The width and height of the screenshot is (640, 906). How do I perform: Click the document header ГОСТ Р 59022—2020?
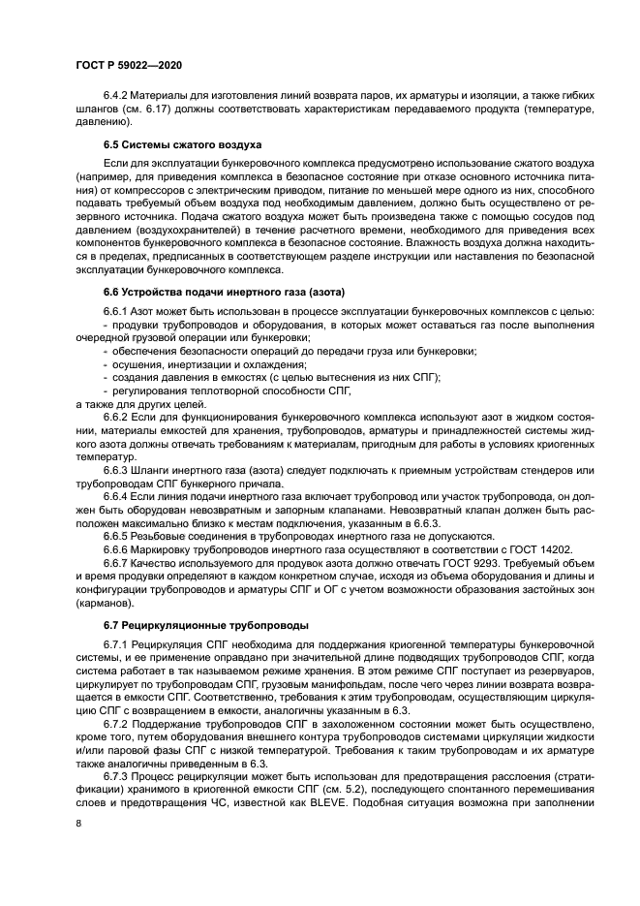[x=128, y=64]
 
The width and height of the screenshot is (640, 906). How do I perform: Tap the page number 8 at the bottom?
[x=78, y=822]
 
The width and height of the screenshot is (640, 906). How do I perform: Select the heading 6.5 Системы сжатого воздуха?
[x=166, y=144]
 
